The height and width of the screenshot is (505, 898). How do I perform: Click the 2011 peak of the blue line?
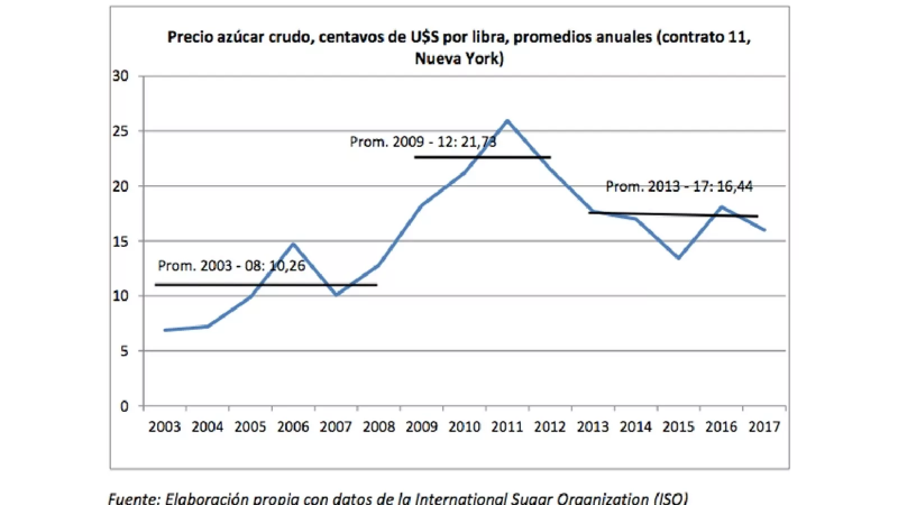click(x=507, y=121)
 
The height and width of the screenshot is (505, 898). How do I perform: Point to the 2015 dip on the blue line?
click(x=679, y=258)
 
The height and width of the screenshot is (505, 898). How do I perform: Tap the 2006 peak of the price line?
click(x=293, y=244)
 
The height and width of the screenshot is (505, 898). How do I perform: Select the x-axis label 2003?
click(x=164, y=427)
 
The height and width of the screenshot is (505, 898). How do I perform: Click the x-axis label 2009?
click(x=421, y=427)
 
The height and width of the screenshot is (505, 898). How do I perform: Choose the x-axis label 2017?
click(x=764, y=427)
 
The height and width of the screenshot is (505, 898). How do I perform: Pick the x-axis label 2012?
click(x=550, y=427)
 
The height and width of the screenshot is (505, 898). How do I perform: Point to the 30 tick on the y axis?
click(x=120, y=76)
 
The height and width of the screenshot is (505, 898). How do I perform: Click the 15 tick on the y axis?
click(x=120, y=241)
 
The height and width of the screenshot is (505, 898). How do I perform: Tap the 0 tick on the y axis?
click(x=124, y=406)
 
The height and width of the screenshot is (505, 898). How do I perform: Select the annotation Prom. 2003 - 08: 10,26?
click(x=231, y=265)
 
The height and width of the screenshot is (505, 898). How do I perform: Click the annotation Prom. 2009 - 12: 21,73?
click(x=423, y=141)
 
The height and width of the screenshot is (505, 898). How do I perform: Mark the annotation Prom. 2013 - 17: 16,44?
click(x=679, y=186)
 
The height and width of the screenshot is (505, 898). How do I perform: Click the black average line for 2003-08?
click(x=265, y=285)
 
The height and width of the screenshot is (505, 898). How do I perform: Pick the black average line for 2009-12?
click(x=482, y=158)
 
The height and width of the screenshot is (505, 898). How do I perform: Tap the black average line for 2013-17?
click(x=673, y=214)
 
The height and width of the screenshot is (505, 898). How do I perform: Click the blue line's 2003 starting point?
click(x=165, y=330)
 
